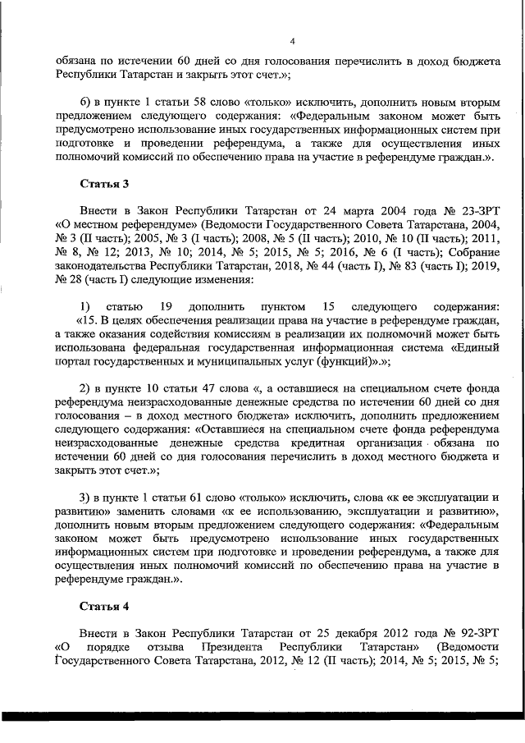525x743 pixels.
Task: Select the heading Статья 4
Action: coord(104,607)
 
